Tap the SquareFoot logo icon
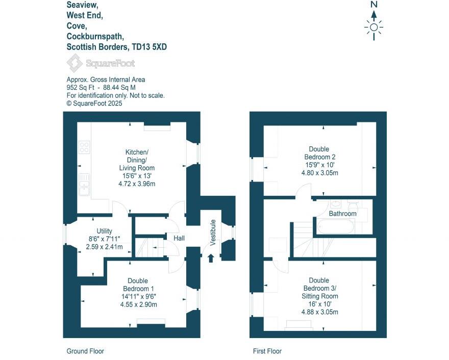[x=74, y=64]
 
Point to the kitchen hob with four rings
[x=84, y=147]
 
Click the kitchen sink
[x=84, y=184]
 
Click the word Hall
[x=179, y=238]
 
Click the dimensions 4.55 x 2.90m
[x=138, y=304]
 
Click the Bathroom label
[x=342, y=213]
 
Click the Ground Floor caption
[x=85, y=351]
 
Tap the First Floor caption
[x=267, y=351]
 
